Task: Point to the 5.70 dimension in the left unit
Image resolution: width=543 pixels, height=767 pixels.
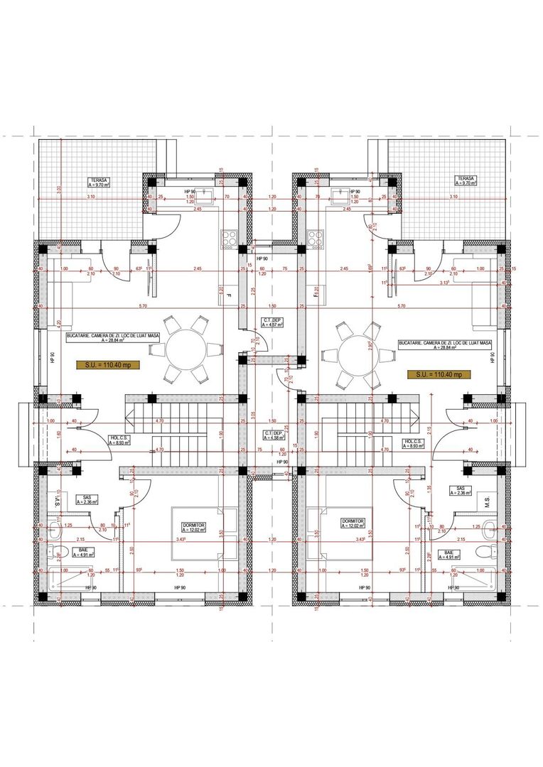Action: pos(142,306)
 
